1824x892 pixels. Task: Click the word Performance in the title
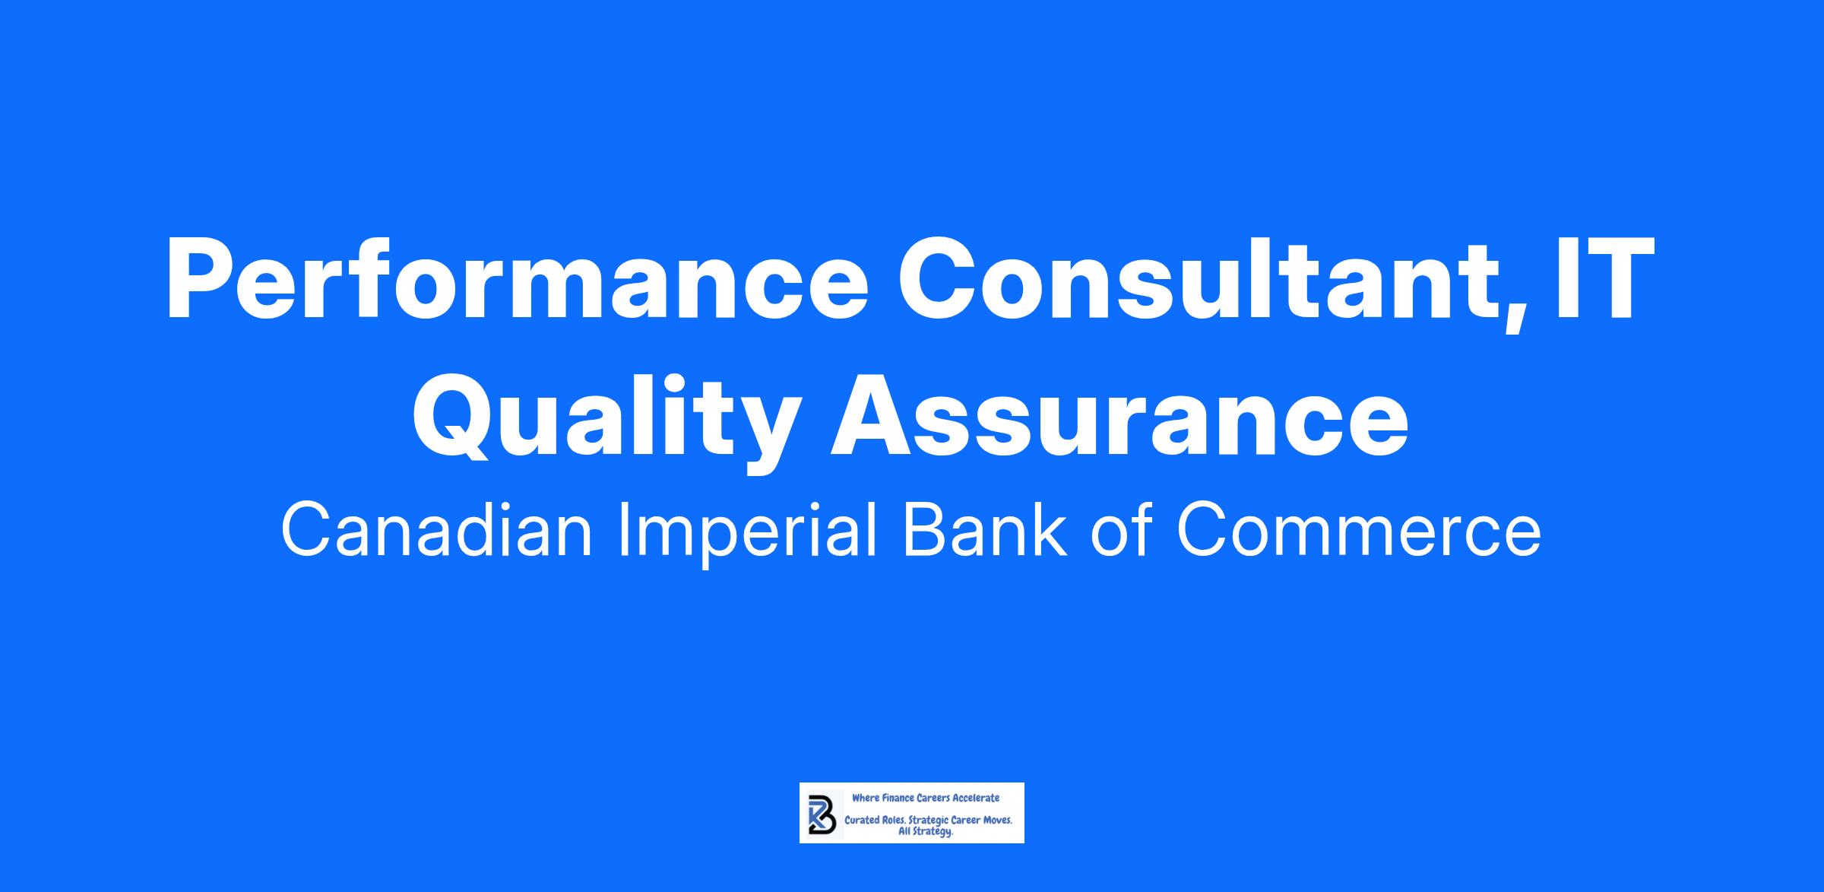click(x=517, y=280)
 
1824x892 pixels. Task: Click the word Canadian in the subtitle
click(x=436, y=532)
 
